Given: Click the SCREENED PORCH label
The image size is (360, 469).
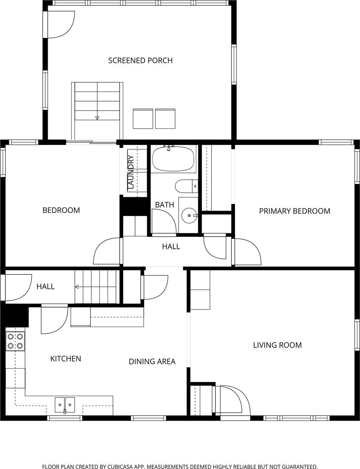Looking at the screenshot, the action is click(140, 61).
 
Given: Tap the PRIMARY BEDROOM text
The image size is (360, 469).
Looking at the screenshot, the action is click(295, 211).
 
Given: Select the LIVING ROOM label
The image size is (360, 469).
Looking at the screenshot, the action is click(278, 345).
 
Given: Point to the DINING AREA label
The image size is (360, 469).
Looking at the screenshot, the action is click(152, 361).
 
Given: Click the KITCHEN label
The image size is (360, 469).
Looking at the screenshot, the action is click(66, 359).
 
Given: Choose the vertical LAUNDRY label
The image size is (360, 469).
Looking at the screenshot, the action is click(131, 172).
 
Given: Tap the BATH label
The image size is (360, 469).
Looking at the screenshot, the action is click(165, 205).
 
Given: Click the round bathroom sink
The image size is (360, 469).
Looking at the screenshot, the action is click(189, 215).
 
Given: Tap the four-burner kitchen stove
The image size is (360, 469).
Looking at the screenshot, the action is click(15, 342).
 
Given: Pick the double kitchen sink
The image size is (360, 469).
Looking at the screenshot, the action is click(65, 405).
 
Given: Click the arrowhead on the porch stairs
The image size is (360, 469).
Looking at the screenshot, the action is click(97, 118).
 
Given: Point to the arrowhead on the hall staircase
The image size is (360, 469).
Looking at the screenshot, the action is click(77, 287).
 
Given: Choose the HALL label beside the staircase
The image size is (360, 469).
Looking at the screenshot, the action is click(46, 286).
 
